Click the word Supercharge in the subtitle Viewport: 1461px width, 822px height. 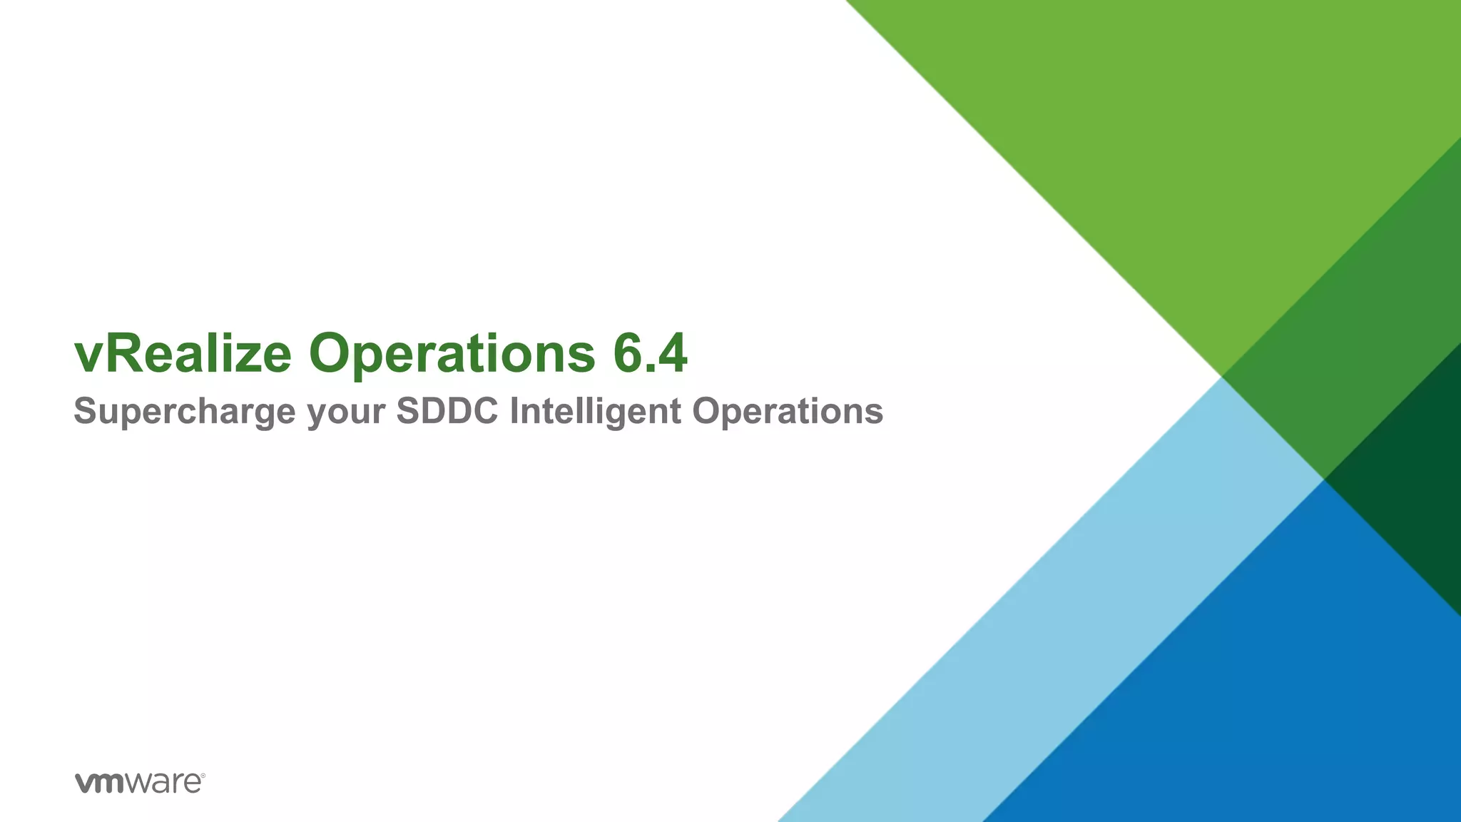click(184, 412)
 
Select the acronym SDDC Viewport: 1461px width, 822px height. click(447, 411)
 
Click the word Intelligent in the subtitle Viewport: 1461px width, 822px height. click(595, 412)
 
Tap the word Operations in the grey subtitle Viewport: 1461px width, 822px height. click(788, 412)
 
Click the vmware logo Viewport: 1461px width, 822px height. click(140, 782)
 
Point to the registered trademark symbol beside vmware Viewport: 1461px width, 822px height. click(203, 775)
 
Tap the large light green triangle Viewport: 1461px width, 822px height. click(1177, 143)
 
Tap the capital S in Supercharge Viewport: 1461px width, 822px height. click(85, 411)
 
